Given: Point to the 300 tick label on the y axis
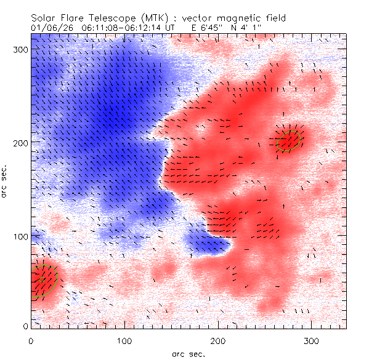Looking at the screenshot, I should (20, 48).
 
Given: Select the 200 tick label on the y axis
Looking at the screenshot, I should (20, 142).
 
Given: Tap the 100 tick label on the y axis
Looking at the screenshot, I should (20, 236).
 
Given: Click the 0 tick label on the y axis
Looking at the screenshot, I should (25, 326).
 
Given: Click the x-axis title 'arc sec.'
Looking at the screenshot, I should (187, 353).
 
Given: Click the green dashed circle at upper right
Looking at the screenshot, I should (288, 140).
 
